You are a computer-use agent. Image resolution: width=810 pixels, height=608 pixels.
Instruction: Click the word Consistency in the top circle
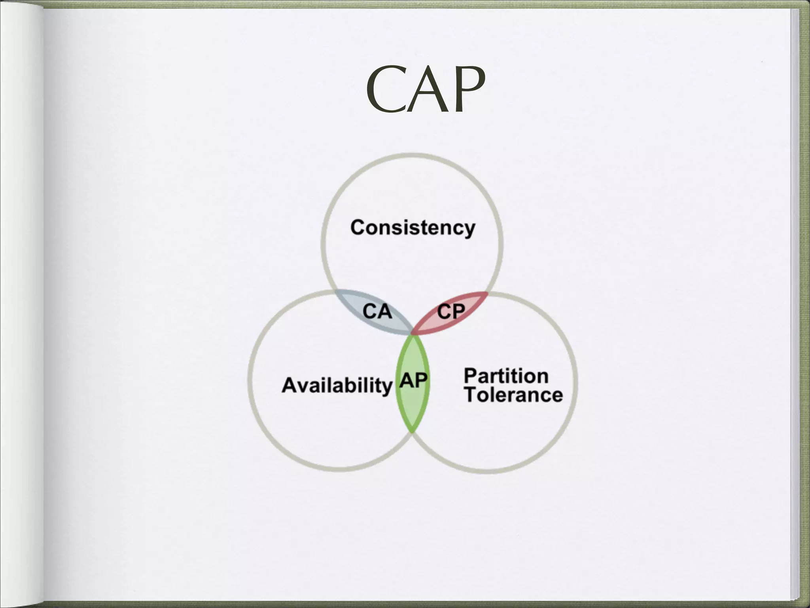point(413,228)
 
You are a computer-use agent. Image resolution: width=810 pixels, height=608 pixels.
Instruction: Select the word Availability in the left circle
point(337,385)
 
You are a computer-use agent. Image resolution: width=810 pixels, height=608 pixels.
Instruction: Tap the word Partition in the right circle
point(506,376)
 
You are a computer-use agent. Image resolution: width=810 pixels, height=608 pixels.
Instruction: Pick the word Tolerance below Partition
point(513,395)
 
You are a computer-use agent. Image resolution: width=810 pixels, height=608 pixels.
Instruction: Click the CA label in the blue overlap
point(377,311)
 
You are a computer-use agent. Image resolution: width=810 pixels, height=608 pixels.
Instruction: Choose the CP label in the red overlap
point(451,312)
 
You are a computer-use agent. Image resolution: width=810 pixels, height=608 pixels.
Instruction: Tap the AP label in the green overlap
point(413,381)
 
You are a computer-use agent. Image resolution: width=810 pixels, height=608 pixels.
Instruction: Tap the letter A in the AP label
point(407,381)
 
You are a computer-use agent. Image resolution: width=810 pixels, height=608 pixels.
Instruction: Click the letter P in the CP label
point(458,312)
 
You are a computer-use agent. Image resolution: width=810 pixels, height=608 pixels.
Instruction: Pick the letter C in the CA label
point(370,311)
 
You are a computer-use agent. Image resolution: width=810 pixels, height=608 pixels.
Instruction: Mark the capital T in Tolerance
point(471,395)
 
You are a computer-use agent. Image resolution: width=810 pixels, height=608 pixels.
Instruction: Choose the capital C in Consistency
point(358,228)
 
